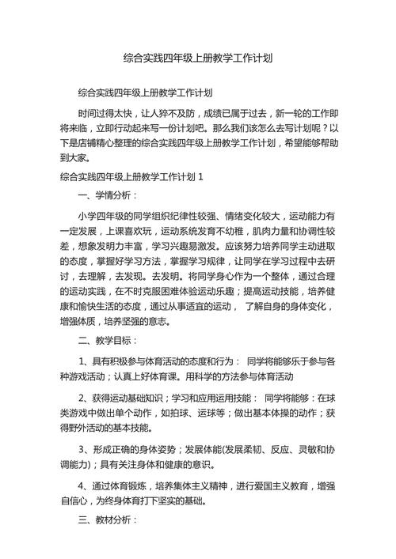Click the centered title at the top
coord(198,58)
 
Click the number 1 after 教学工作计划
coord(201,177)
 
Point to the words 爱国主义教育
coord(294,484)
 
